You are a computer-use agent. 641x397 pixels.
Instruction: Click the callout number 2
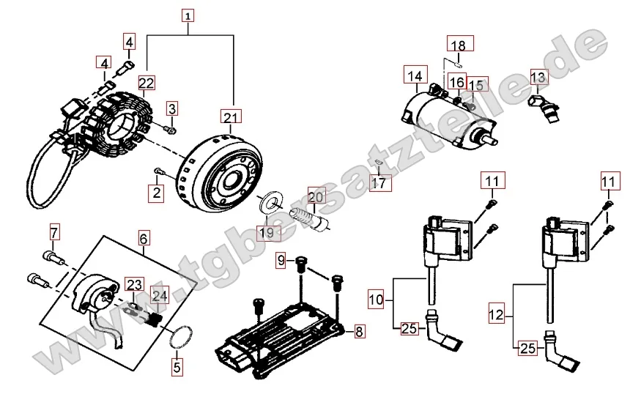[155, 193]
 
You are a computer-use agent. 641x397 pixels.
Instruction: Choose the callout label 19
[269, 233]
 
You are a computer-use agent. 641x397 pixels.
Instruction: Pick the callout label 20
[315, 197]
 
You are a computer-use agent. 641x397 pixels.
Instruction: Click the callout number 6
[144, 238]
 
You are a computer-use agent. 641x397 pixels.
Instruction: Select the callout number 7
[53, 233]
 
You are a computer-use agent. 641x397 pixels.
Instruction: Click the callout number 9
[281, 261]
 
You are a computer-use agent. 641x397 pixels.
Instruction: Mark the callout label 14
[415, 75]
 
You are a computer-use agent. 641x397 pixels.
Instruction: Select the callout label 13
[538, 78]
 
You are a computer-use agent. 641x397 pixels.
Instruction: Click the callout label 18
[458, 46]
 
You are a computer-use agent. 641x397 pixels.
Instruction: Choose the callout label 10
[376, 299]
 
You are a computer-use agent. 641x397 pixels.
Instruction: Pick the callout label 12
[497, 315]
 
